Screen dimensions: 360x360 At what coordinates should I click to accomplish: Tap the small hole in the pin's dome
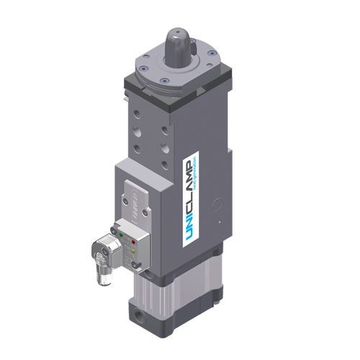(177, 31)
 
